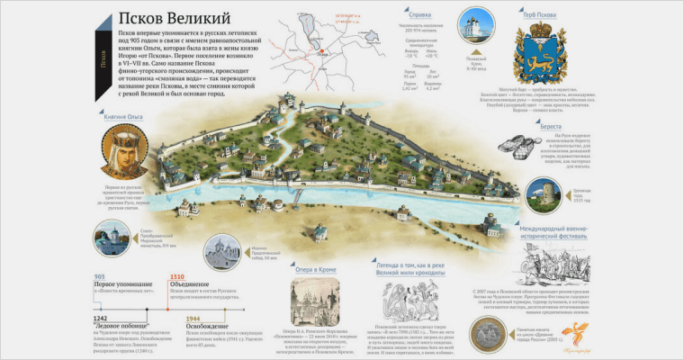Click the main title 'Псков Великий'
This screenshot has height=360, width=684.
pos(174,17)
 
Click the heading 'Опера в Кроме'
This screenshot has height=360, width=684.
pos(315,267)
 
